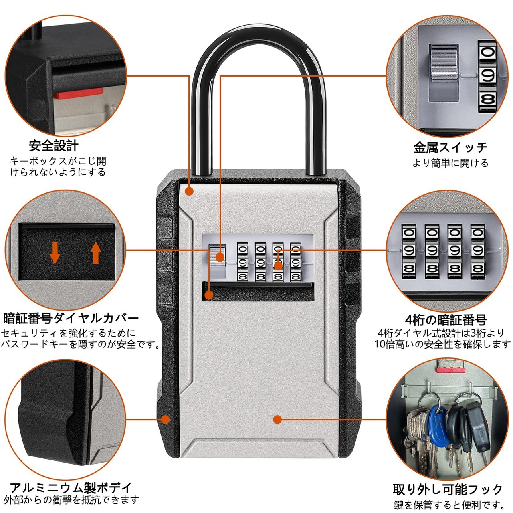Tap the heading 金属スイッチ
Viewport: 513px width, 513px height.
(450, 147)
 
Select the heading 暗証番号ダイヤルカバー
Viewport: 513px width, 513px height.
(71, 319)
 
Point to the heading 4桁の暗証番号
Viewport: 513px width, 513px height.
(446, 320)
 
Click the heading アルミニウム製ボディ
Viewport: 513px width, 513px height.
(71, 487)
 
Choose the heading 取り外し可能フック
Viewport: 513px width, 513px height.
(447, 489)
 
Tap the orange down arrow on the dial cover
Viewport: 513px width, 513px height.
(55, 253)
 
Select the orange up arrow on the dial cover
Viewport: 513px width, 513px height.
(95, 253)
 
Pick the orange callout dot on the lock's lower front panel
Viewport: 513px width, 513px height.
(277, 420)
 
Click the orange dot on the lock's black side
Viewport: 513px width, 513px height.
(165, 420)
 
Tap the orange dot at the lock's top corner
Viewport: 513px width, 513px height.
(189, 192)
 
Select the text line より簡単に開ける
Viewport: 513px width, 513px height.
(450, 163)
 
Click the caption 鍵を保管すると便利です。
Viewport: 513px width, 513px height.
(449, 505)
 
